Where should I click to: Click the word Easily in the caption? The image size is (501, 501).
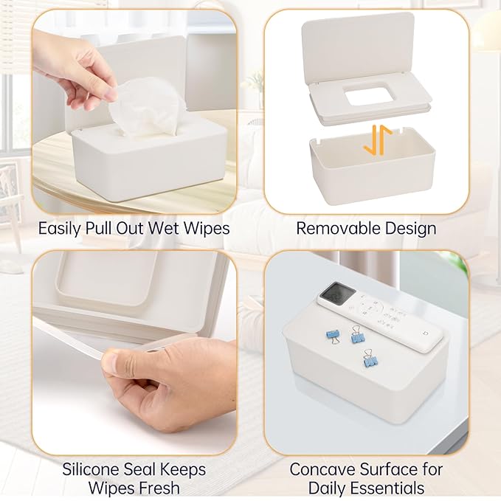pos(61,228)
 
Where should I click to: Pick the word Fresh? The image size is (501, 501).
pos(159,488)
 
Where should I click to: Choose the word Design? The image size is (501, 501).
pos(411,228)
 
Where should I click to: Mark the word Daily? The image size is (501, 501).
pos(327,488)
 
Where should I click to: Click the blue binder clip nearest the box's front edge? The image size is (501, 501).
pos(368,361)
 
